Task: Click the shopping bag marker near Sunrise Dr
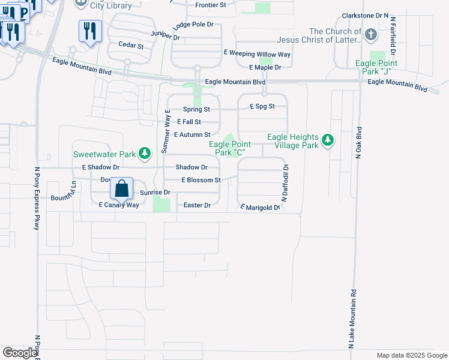click(x=122, y=188)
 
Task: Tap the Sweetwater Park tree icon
click(x=144, y=154)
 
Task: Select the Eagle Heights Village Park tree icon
click(x=327, y=140)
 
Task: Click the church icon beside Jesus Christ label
click(x=371, y=34)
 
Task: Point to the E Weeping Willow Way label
click(x=257, y=54)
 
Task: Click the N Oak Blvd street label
click(x=360, y=142)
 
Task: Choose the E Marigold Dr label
click(x=261, y=208)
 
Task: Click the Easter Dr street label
click(x=197, y=205)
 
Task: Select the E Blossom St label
click(x=201, y=180)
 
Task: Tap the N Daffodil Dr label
click(x=286, y=180)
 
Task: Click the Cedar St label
click(x=131, y=45)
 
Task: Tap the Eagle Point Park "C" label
click(x=229, y=148)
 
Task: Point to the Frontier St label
click(x=210, y=5)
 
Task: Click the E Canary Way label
click(x=119, y=205)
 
